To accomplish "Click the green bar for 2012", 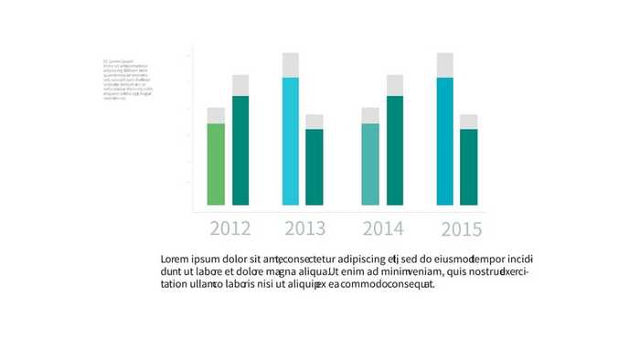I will click(216, 164).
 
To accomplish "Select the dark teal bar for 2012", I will click(240, 151).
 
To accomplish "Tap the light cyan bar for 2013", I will click(291, 142).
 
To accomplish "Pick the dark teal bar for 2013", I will click(315, 167).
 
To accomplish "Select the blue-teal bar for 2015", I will click(445, 142).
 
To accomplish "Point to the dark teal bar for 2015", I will click(469, 167).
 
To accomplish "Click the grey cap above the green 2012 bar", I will click(216, 115).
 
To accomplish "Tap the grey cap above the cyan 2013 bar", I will click(291, 65).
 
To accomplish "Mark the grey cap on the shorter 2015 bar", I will click(469, 122).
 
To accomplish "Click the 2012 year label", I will click(229, 228).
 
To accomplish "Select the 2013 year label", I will click(304, 228).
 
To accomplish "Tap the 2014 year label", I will click(383, 228).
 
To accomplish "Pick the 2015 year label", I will click(461, 229).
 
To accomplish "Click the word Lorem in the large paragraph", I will click(176, 259).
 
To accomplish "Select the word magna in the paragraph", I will click(283, 271).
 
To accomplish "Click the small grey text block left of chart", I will click(127, 79).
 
